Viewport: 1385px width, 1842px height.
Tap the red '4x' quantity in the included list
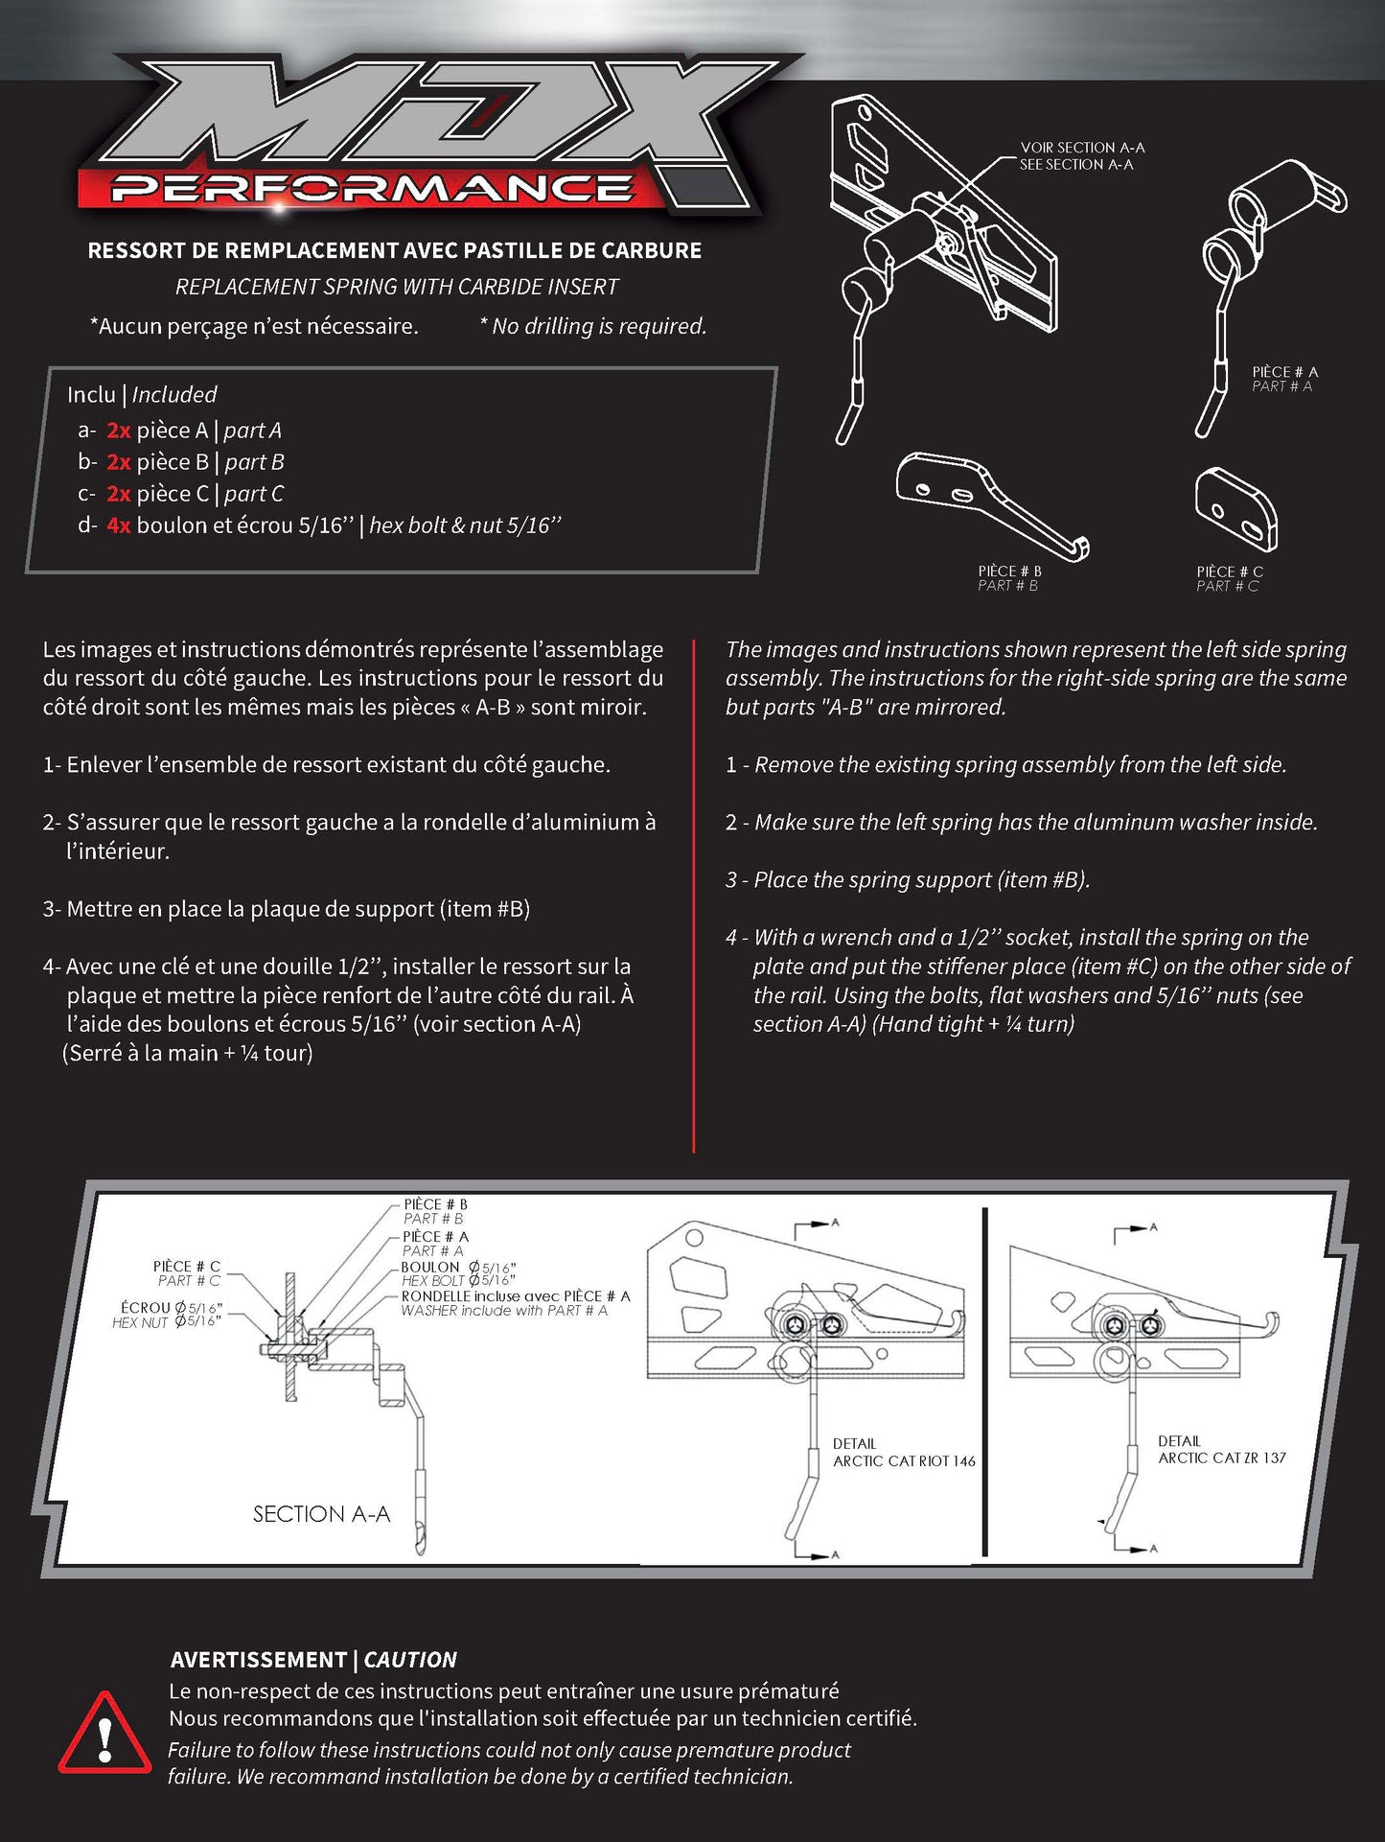coord(119,525)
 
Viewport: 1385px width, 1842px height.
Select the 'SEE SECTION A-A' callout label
coord(1076,165)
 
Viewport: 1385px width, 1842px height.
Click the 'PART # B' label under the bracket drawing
coord(1007,586)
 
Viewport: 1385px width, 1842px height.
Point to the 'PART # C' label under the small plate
coord(1227,586)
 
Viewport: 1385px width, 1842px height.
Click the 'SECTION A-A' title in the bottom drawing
coord(321,1514)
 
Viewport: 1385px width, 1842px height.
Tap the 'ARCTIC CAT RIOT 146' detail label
coord(903,1461)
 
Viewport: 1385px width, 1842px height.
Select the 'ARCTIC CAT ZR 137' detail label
coord(1221,1457)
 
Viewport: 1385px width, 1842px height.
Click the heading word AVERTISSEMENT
coord(258,1660)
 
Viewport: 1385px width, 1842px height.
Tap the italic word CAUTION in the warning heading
coord(410,1660)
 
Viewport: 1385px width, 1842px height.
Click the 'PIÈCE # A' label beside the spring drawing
coord(1284,372)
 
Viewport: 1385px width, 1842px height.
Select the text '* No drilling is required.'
coord(592,326)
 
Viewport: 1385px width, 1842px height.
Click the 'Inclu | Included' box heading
coord(142,394)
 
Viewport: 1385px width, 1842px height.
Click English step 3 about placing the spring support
coord(907,880)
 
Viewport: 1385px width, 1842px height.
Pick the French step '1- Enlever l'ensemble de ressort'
coord(326,765)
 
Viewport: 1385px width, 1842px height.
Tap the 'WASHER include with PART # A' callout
coord(503,1311)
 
